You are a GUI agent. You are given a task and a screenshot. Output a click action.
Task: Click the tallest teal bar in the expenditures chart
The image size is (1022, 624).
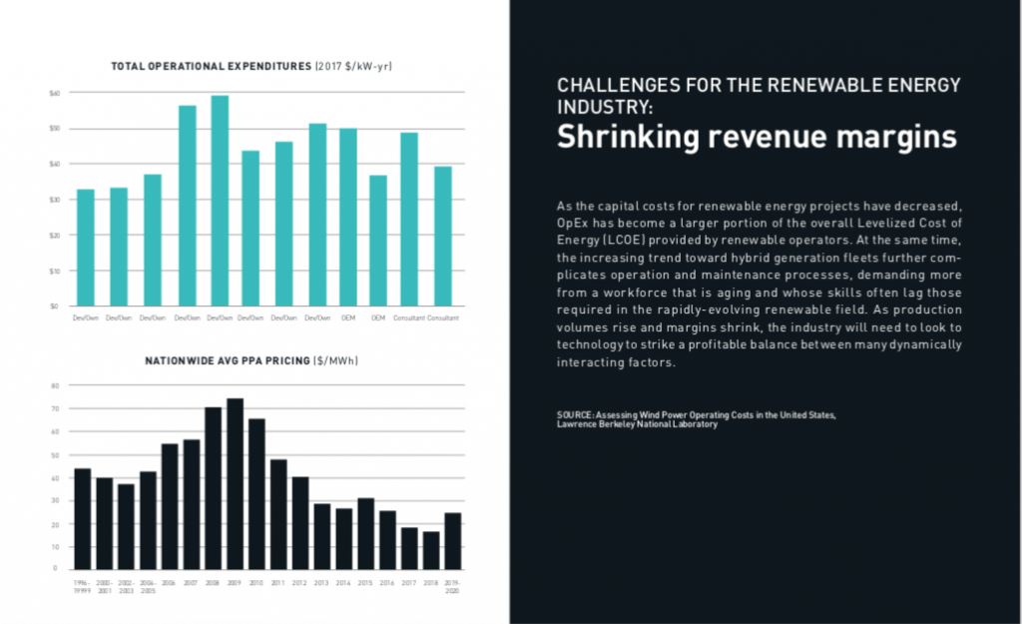tap(220, 201)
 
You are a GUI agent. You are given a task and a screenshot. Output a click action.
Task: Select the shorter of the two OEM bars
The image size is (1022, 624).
tap(378, 241)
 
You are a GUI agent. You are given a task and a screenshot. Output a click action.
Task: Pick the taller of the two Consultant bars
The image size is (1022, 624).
tap(409, 219)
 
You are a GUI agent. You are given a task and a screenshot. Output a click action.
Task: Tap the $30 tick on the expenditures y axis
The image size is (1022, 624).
tap(55, 200)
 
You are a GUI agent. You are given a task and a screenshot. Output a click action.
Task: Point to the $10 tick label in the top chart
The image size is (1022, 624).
tap(55, 271)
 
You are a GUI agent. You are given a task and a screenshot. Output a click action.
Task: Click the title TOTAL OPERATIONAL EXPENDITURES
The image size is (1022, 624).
tap(212, 67)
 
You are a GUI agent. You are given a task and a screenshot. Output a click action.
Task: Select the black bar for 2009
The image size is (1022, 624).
tap(235, 483)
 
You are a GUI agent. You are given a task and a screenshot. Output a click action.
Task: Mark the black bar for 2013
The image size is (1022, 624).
tap(322, 535)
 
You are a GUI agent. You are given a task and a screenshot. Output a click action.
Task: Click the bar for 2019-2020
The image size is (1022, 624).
tap(453, 540)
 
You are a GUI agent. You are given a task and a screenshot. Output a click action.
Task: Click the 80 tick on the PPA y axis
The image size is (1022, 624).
tap(56, 385)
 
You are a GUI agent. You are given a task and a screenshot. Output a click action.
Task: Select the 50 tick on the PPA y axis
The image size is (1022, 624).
tap(56, 455)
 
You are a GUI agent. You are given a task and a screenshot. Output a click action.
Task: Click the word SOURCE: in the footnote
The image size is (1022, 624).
tap(577, 414)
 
